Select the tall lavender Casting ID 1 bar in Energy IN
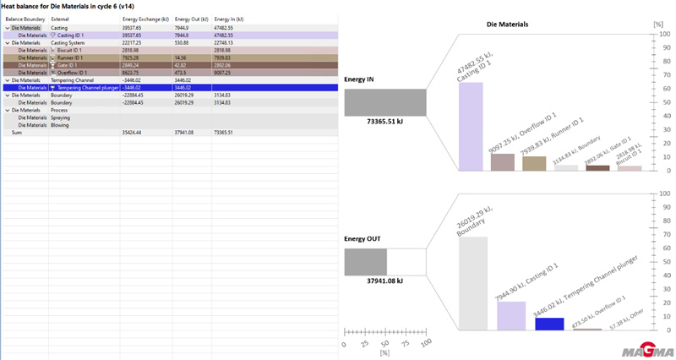tap(471, 126)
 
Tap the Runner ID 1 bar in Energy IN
tap(534, 163)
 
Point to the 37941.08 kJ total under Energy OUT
tap(384, 281)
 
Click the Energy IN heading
tap(360, 79)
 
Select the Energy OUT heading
tap(363, 238)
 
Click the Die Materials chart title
tap(508, 25)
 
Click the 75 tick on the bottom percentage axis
tap(406, 343)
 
